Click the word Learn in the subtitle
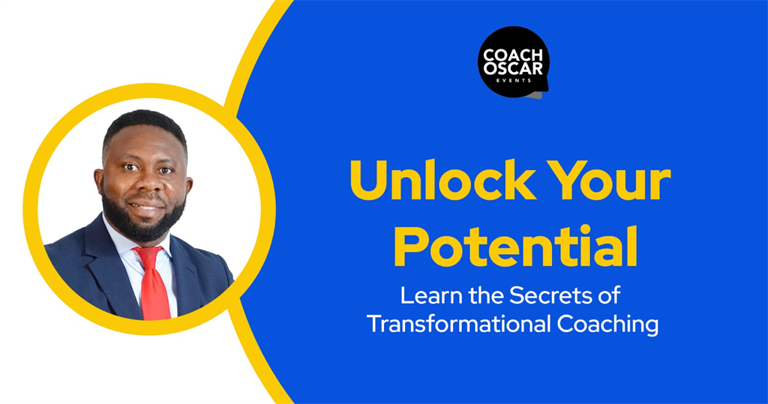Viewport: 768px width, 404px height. coord(430,295)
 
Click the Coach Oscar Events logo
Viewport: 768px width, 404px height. coord(513,62)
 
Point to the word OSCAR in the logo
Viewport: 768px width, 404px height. coord(513,68)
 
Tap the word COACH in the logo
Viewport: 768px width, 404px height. coord(513,55)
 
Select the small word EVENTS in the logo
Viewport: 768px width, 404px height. coord(513,80)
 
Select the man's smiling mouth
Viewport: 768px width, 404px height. coord(146,205)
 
